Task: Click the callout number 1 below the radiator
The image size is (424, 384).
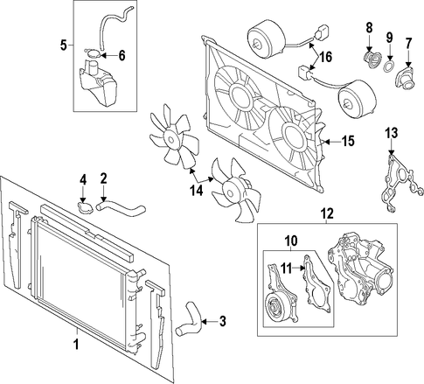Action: (x=76, y=345)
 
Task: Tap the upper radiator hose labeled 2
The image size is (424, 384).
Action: (x=121, y=209)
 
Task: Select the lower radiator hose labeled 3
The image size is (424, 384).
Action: (x=190, y=319)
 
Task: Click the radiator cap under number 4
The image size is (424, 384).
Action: (x=85, y=208)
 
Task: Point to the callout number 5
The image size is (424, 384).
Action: (x=64, y=45)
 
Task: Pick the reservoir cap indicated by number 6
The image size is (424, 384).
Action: (x=94, y=53)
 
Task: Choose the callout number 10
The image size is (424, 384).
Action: (x=291, y=241)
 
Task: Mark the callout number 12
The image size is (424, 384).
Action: (x=327, y=213)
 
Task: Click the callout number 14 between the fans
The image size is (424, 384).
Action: (x=196, y=191)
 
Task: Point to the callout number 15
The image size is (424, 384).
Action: (x=348, y=142)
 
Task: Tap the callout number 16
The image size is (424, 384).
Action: (x=326, y=57)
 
